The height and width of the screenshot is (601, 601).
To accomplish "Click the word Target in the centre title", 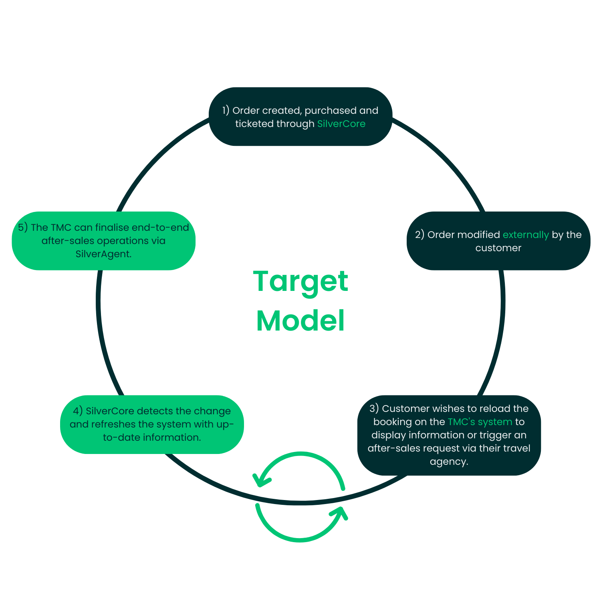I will (x=300, y=282).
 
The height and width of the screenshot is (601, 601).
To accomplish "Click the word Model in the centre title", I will (x=300, y=321).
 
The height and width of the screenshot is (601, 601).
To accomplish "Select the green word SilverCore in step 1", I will (x=341, y=124).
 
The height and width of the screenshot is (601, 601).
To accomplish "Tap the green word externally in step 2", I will (x=526, y=235).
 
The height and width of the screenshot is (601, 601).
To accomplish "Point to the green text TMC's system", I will (x=480, y=422).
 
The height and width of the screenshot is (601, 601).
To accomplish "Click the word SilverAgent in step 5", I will (x=103, y=254).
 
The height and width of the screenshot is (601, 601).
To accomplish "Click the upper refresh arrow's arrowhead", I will (x=260, y=479).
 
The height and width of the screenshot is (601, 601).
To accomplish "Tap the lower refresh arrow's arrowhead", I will (x=340, y=514).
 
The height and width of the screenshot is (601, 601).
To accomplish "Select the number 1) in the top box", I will (x=226, y=111).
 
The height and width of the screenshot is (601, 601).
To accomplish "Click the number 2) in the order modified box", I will (x=419, y=235).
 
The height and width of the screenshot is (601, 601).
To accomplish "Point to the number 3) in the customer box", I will (x=374, y=409).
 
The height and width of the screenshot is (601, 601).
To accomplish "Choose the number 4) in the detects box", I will (x=78, y=411).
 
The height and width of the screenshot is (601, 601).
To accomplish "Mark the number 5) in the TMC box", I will (x=23, y=228).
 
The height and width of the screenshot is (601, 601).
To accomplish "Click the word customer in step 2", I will (x=498, y=248).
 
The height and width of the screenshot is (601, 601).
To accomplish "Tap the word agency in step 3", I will (x=449, y=462).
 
